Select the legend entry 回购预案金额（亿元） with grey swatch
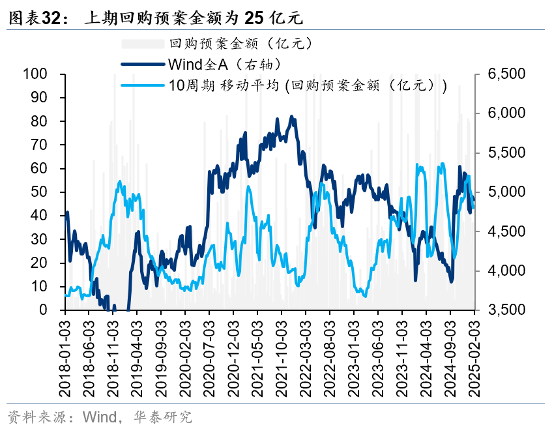click(x=240, y=44)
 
